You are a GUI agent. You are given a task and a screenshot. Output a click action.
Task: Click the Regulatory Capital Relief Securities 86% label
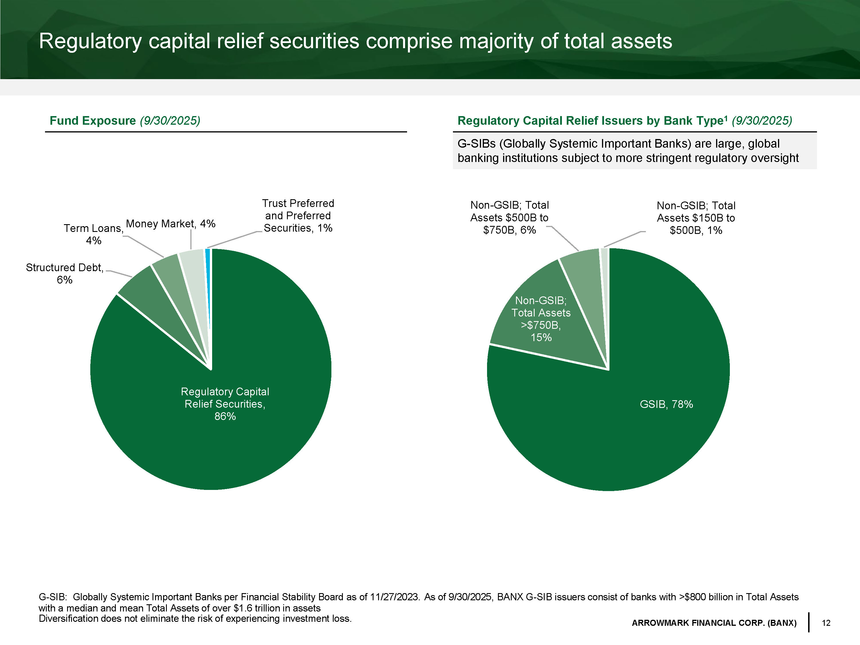225,404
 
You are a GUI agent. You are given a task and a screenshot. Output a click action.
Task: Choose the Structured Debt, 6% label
64,273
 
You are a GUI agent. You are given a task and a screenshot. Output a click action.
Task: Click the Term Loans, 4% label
93,234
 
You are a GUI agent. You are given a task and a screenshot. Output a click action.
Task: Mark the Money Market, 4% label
171,224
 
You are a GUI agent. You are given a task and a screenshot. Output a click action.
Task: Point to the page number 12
826,623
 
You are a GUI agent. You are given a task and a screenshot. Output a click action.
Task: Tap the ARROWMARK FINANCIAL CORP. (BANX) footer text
714,623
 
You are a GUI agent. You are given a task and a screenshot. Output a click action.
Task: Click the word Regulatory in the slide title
90,41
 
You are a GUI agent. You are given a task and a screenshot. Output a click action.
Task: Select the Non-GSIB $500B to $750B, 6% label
509,217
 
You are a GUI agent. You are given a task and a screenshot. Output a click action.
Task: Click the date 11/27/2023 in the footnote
394,597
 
